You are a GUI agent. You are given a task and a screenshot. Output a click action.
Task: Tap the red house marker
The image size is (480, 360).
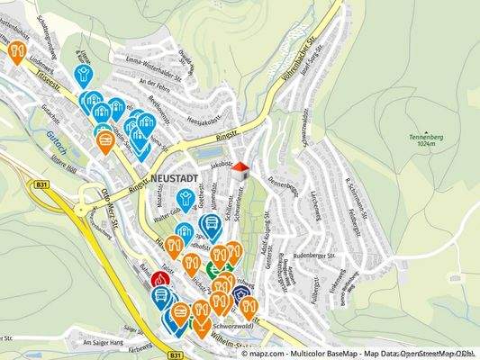(240, 169)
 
